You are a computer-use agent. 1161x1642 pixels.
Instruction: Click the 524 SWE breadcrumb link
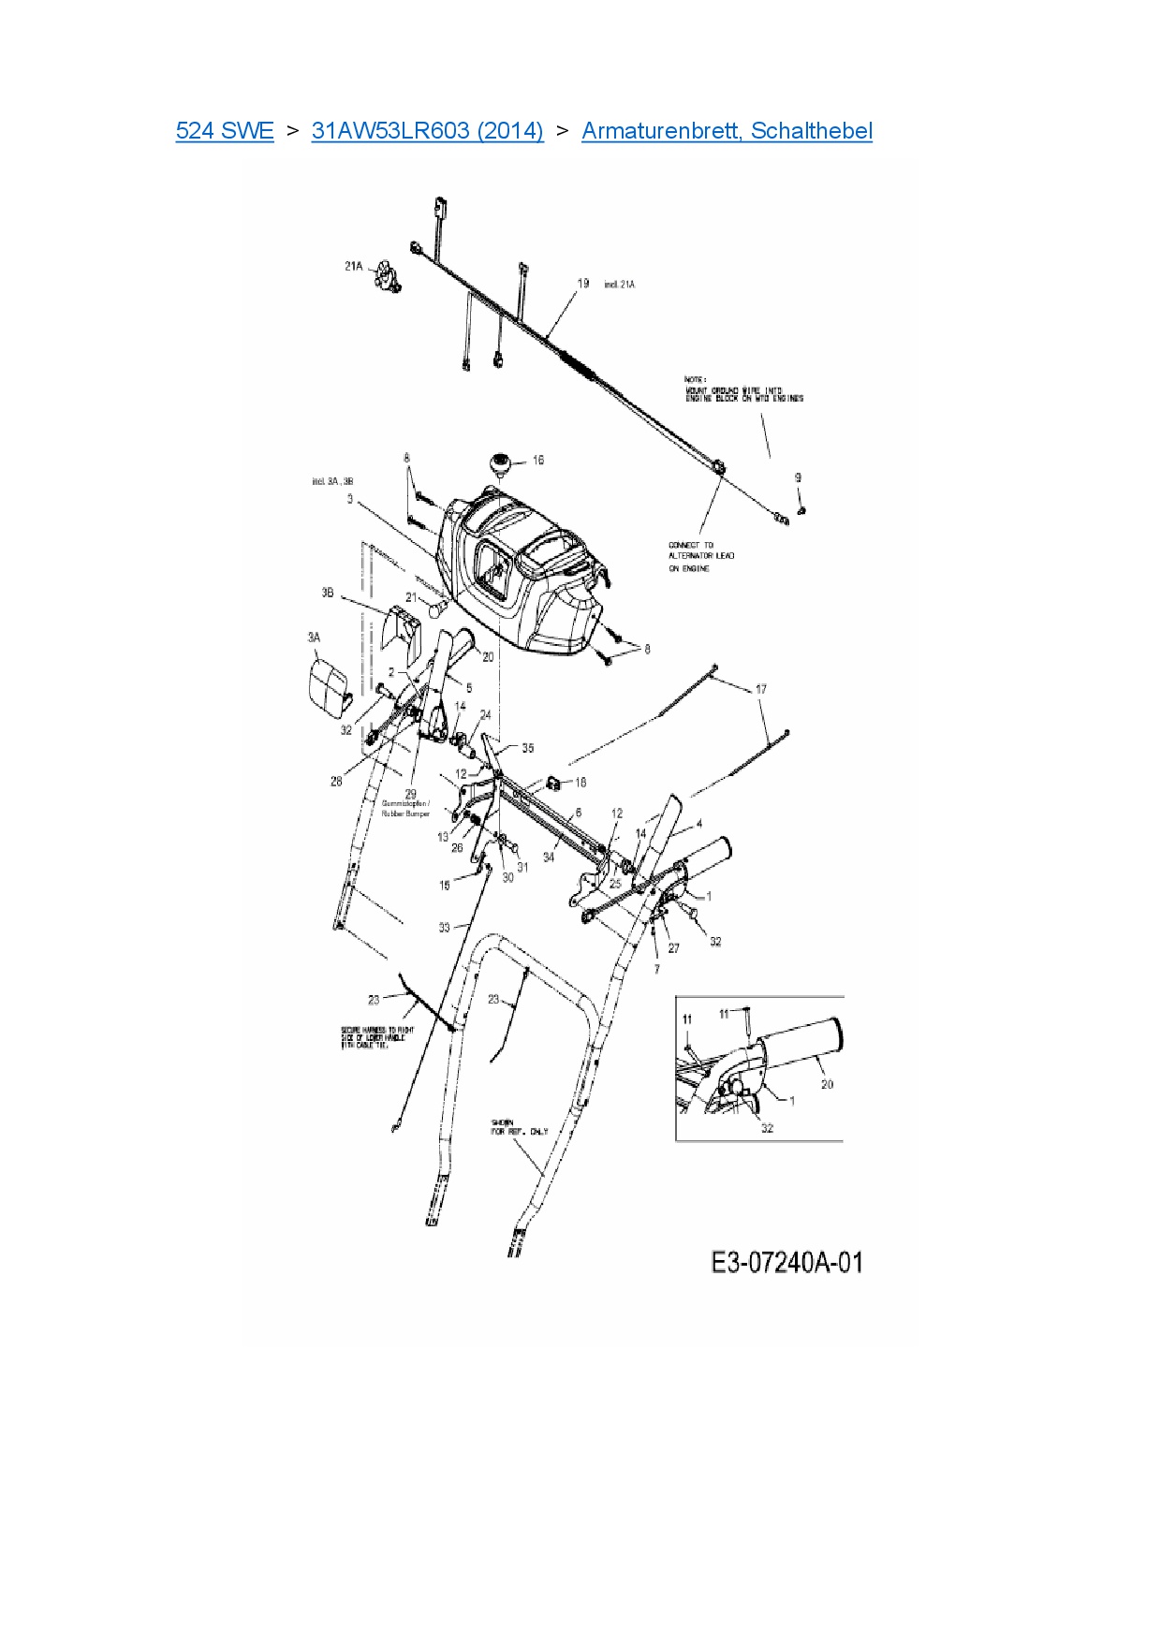225,131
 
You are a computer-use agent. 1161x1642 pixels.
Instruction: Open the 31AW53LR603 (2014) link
427,131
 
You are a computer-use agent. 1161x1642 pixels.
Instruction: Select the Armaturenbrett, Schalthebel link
727,131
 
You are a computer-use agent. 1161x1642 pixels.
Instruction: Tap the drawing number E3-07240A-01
786,1262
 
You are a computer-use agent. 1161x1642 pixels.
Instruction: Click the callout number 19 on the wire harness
583,283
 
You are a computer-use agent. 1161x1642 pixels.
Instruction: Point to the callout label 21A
353,267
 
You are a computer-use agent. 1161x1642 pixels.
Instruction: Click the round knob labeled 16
499,462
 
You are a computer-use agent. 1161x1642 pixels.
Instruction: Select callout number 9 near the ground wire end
798,477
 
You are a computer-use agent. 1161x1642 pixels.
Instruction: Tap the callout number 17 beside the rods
761,689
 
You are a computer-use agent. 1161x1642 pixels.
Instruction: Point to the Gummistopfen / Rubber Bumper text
405,809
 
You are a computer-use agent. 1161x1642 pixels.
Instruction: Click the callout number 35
528,748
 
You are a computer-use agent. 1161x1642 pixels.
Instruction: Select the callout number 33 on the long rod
444,928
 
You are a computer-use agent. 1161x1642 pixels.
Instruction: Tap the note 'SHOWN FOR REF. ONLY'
520,1127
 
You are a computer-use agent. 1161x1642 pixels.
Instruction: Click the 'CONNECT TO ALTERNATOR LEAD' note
701,556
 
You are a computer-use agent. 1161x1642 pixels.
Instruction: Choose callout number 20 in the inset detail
827,1084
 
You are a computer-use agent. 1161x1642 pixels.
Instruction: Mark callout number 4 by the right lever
698,825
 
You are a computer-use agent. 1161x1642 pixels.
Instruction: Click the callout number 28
336,781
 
